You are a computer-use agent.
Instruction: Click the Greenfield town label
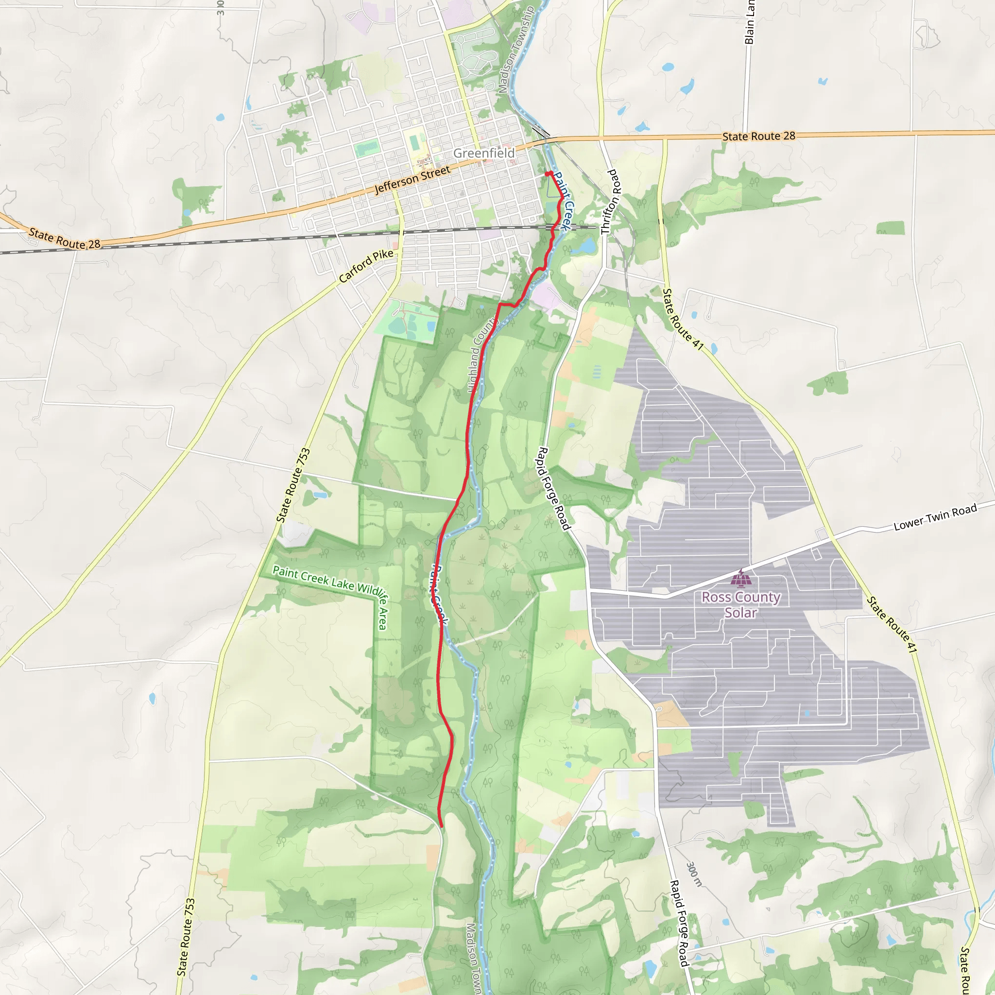point(483,153)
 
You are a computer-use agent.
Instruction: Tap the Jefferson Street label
point(412,180)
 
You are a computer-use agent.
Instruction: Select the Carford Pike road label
point(366,266)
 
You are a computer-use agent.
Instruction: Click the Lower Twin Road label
point(935,517)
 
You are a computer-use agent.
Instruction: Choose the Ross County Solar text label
point(740,604)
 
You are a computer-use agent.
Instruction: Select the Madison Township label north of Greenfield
point(516,50)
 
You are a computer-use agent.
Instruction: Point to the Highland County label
point(482,355)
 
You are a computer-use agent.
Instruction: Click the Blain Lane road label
point(749,22)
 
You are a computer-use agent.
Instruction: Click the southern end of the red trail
point(441,826)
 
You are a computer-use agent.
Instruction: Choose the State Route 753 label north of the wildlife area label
point(293,486)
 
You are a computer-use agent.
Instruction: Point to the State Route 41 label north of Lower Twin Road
point(683,319)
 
